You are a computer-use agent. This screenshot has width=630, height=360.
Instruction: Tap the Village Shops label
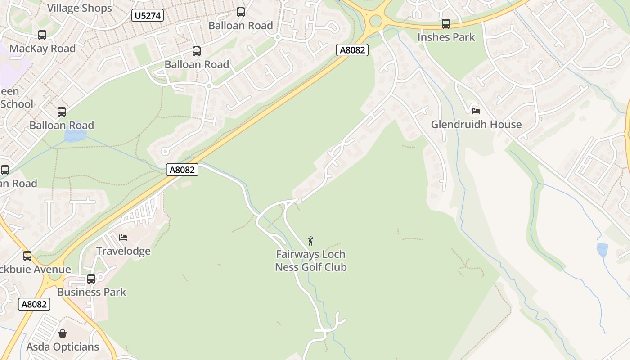point(79,8)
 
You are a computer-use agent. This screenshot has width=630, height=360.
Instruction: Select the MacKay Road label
point(42,49)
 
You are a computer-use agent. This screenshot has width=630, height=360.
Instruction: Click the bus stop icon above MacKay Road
point(42,35)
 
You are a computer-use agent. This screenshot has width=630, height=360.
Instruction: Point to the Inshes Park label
point(446,37)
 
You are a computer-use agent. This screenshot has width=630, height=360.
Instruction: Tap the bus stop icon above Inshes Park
point(446,23)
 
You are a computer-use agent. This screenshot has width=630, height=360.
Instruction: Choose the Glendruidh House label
point(476,124)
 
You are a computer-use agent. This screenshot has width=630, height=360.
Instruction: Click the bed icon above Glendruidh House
point(476,111)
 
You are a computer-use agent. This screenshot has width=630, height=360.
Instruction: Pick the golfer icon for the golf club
point(310,241)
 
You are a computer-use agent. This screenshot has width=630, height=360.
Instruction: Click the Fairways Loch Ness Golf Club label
point(311,261)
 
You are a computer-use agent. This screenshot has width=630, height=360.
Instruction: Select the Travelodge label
point(123,251)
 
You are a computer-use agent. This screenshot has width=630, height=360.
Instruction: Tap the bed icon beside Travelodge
point(123,237)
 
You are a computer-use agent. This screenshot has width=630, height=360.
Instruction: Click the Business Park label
point(92,292)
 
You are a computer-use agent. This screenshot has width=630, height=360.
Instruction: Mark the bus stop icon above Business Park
point(91,279)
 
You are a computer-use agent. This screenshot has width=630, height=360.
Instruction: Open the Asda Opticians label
point(63,347)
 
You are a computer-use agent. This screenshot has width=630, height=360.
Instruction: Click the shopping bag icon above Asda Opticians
point(63,333)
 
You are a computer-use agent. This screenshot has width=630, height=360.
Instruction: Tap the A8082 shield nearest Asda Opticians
point(34,304)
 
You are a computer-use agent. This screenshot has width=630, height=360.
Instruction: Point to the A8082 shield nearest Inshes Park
point(352,50)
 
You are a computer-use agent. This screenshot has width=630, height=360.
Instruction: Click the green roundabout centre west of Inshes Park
point(375,21)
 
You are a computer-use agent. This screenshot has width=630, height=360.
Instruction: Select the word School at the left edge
point(17,104)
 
